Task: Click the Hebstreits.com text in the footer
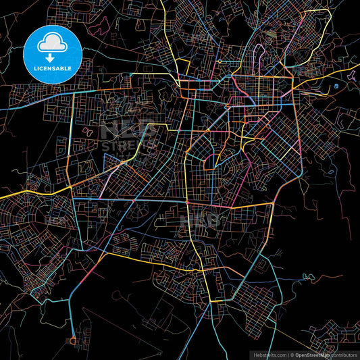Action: pos(269,354)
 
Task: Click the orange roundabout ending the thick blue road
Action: pos(73,340)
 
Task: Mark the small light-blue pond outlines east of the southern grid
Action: pos(310,276)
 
